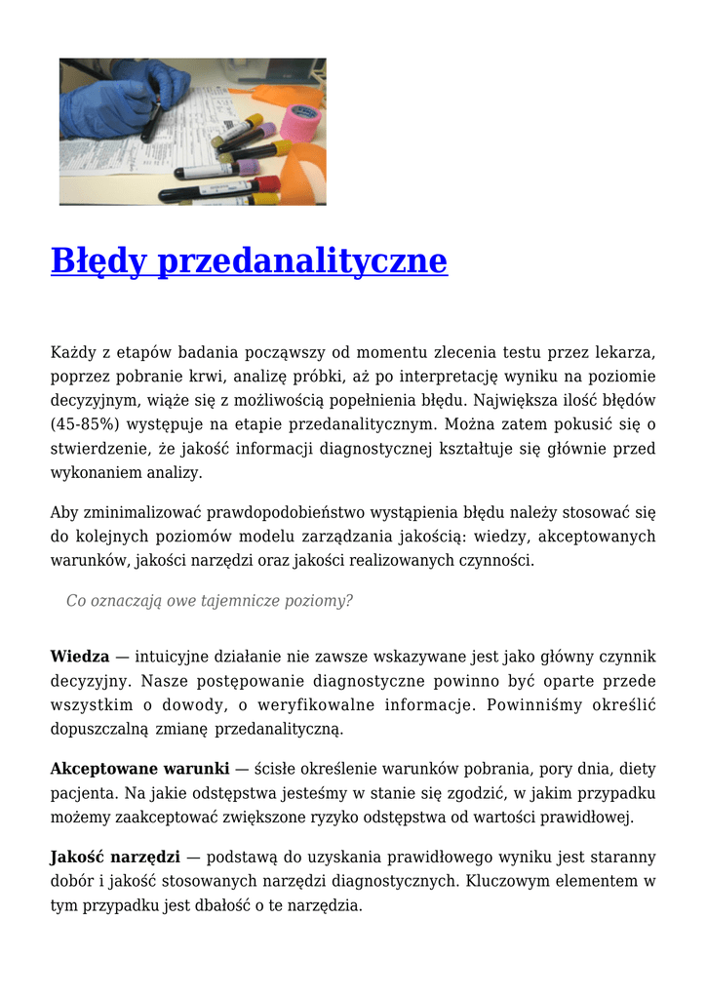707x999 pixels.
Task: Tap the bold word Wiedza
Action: coord(80,657)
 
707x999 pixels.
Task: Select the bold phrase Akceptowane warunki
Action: coord(140,768)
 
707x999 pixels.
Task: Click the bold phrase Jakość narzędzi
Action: coord(115,857)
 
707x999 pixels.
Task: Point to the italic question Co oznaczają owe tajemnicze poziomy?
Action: coord(210,601)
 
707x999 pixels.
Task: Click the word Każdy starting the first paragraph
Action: coord(74,351)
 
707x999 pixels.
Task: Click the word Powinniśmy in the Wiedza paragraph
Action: coord(543,704)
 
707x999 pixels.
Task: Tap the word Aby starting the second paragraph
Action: coord(64,511)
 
